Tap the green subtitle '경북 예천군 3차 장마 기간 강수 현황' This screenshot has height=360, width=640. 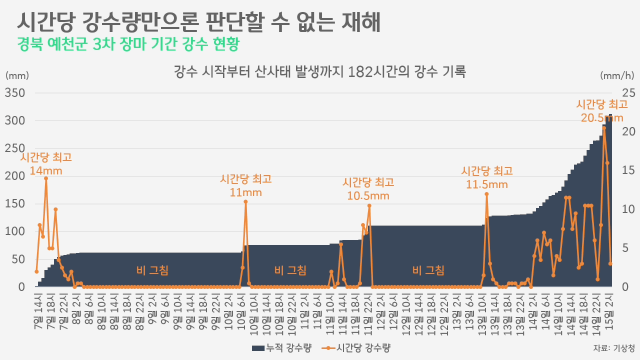127,44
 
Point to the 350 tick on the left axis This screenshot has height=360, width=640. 15,93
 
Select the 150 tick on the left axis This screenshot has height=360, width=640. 15,204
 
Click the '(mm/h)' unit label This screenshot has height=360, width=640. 617,75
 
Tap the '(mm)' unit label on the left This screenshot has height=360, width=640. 17,75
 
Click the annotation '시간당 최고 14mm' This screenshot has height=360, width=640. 46,163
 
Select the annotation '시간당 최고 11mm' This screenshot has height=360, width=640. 245,185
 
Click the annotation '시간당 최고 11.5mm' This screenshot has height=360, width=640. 486,177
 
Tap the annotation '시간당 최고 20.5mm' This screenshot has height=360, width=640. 602,110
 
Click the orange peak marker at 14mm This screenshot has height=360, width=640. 46,178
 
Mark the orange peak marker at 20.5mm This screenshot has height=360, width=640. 604,128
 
